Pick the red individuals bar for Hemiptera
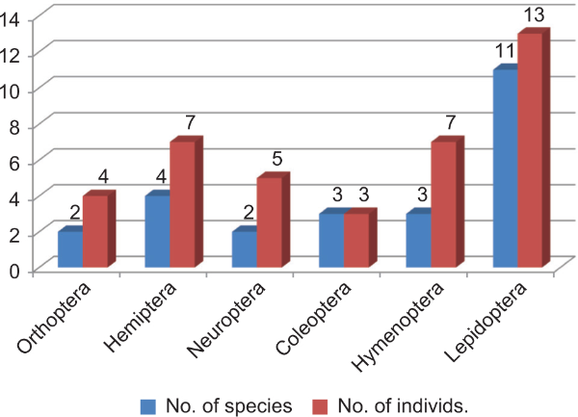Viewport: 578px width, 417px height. pos(182,206)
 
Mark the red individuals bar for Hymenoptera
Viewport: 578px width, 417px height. pos(443,206)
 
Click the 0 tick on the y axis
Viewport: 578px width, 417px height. pos(16,271)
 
